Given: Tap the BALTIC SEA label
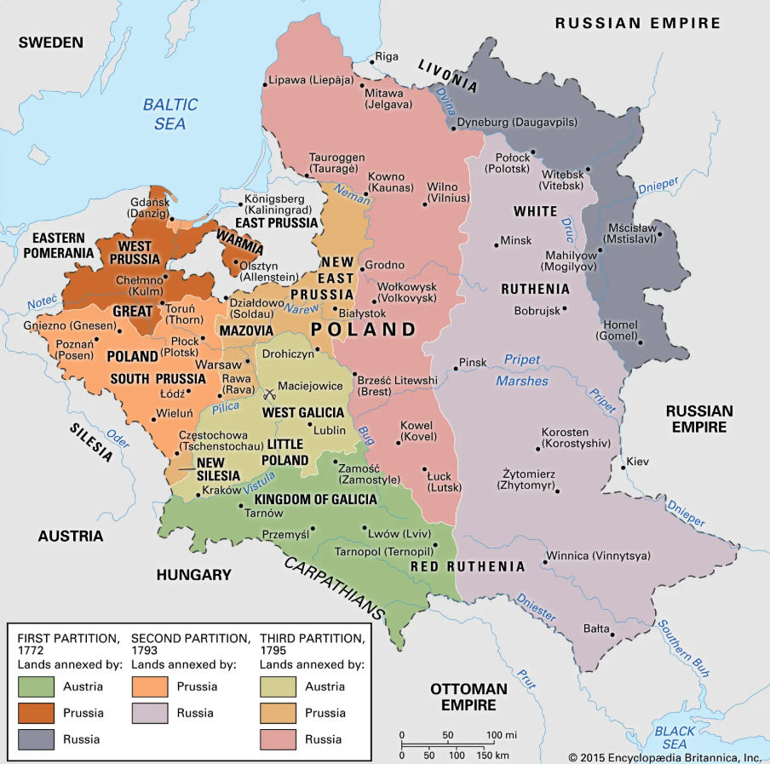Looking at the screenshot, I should tap(170, 114).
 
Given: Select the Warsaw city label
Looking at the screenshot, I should tap(219, 364).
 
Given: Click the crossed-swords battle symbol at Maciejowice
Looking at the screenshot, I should tap(271, 393).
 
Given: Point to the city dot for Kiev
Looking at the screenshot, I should tap(622, 462).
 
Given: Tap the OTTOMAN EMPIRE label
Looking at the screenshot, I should tap(468, 696).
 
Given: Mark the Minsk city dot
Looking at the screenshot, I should tap(497, 246).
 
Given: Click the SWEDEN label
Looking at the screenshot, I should tap(51, 42).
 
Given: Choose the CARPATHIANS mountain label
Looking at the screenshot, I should tap(335, 588).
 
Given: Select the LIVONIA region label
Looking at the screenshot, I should tap(447, 73).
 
